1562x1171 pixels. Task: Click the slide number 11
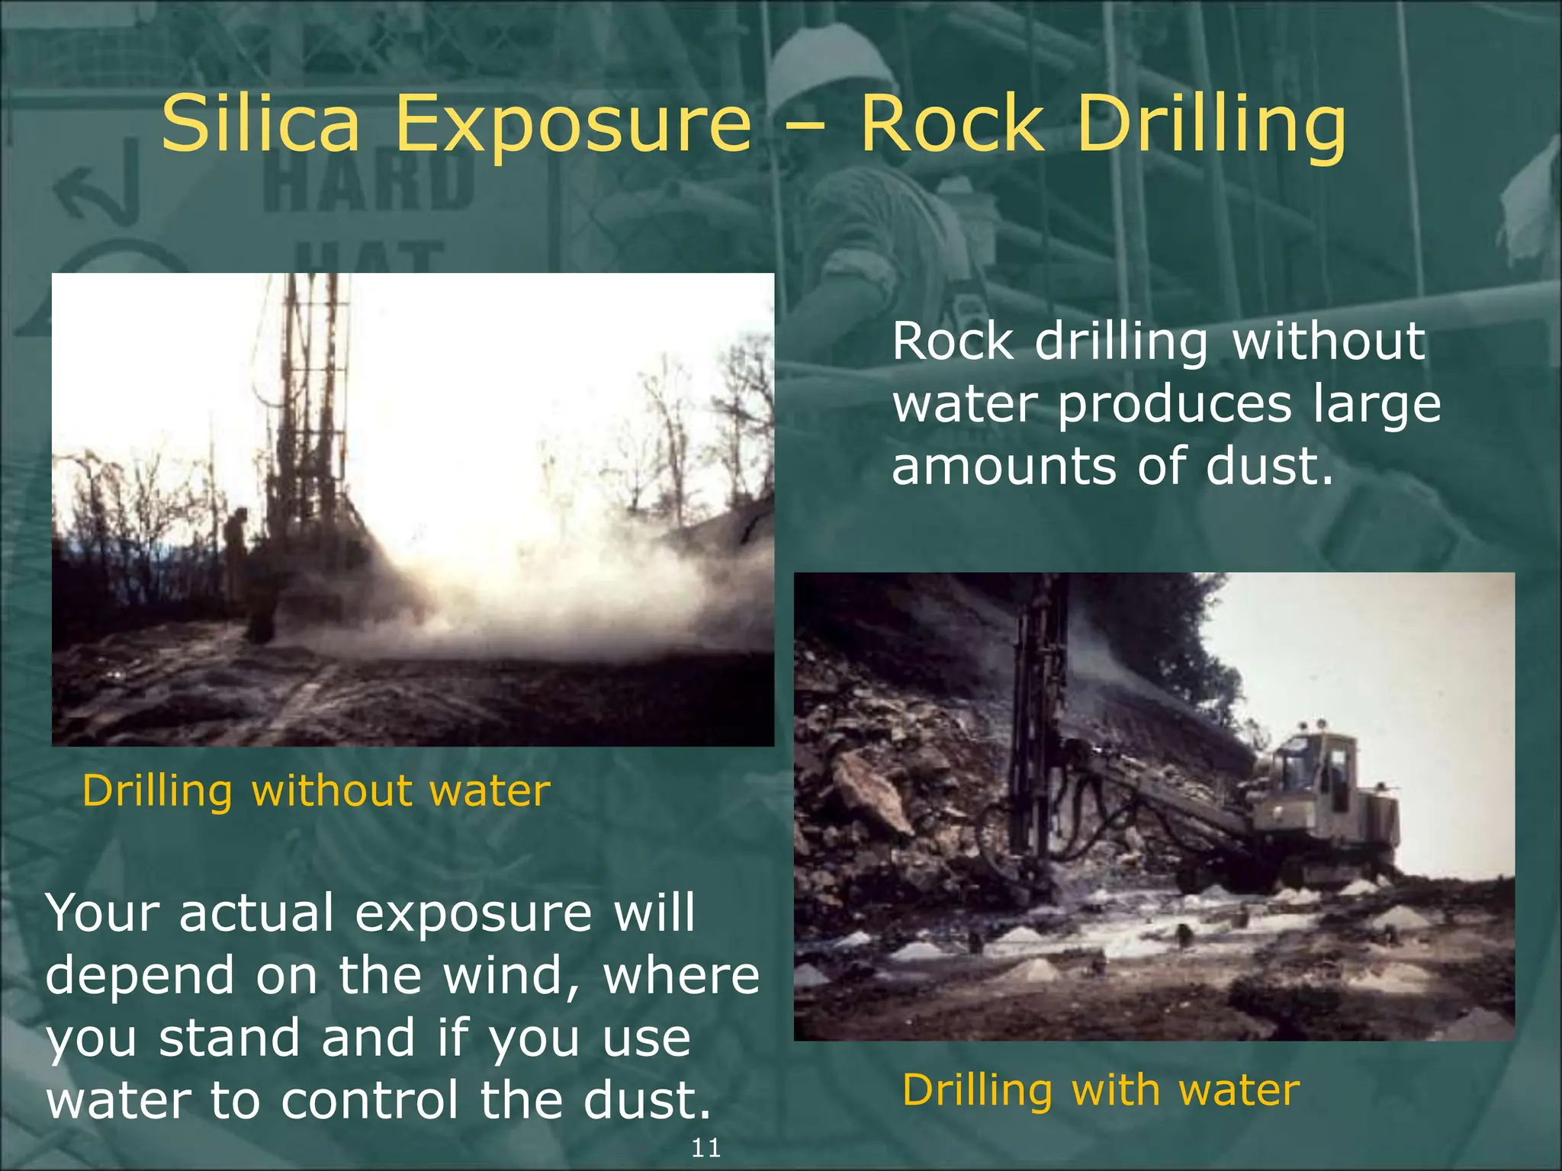705,1148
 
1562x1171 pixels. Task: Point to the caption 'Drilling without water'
316,791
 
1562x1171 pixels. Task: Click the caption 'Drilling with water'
1101,1090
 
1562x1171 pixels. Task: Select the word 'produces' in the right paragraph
1174,404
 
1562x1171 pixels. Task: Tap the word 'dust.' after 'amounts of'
1270,466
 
